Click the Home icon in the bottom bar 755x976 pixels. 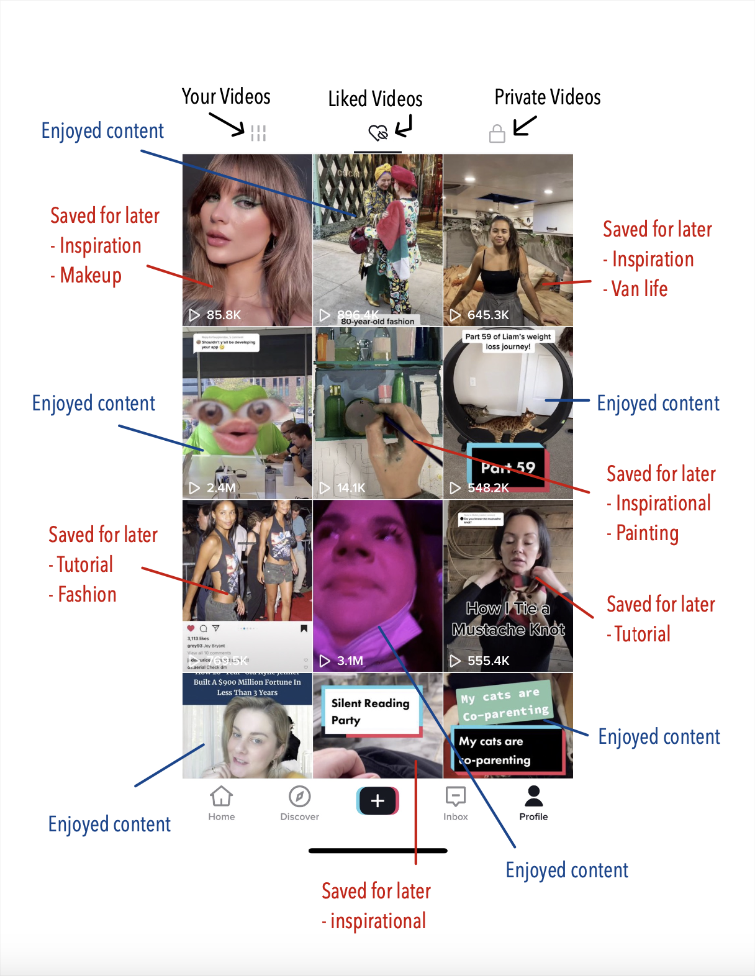(222, 797)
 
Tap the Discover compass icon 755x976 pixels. (300, 797)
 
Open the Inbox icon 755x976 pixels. (456, 797)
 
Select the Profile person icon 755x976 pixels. (533, 797)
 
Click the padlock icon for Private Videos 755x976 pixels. (497, 133)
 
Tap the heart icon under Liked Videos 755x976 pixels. (377, 133)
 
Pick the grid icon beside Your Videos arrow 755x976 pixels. (258, 133)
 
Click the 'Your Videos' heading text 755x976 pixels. (226, 97)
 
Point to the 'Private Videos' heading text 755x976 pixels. (548, 97)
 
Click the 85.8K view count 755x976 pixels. (224, 315)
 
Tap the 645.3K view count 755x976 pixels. (488, 315)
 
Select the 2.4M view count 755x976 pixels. (221, 487)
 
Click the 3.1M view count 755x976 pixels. (350, 661)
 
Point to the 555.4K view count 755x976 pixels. (488, 661)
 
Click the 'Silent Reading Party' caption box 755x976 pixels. (370, 712)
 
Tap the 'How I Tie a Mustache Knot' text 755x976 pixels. (508, 619)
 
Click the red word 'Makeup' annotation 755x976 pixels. (91, 275)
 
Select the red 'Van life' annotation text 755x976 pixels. (640, 289)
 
